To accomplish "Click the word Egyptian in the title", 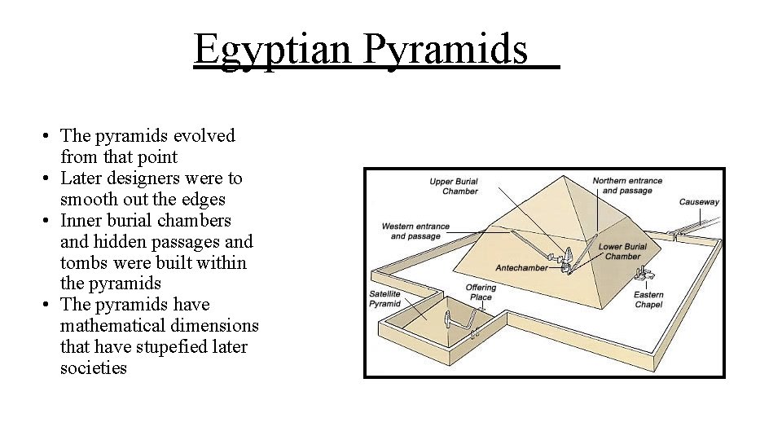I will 274,50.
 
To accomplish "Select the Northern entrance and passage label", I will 627,186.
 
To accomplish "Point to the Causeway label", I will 699,201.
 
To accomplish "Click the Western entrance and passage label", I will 415,231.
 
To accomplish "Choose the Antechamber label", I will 521,268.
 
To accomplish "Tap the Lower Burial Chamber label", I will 622,251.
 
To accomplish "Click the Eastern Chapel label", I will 648,299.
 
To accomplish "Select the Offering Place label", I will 481,293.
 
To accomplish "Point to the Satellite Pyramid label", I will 385,299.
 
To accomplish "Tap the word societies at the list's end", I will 94,368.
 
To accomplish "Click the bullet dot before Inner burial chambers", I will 50,221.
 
